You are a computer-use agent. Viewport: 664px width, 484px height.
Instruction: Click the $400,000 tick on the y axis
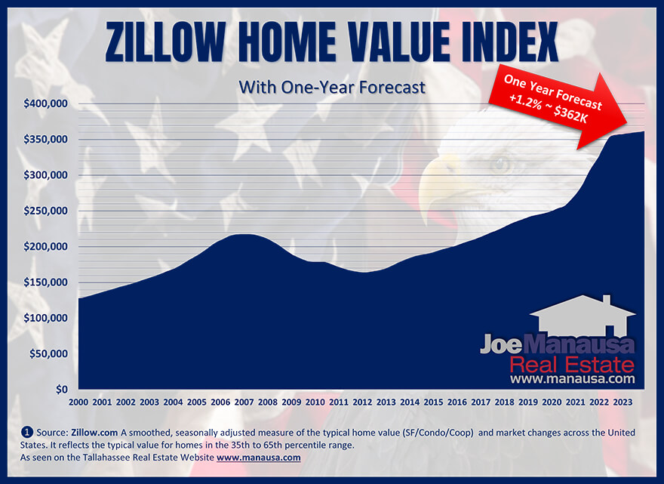[x=45, y=103]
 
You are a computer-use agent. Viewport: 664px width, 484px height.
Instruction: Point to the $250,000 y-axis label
[x=45, y=211]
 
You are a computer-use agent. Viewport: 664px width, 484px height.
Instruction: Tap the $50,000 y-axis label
[x=48, y=353]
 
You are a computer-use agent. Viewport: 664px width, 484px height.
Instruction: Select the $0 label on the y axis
[x=62, y=389]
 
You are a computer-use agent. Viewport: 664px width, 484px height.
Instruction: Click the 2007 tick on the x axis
[x=244, y=402]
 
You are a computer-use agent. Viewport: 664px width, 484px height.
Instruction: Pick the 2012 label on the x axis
[x=362, y=402]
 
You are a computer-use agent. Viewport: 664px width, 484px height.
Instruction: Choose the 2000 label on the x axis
[x=78, y=402]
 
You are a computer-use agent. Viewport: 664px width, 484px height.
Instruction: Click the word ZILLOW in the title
[x=164, y=42]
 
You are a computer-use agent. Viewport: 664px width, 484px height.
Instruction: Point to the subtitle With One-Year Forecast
[x=332, y=88]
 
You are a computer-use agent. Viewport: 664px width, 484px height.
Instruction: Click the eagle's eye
[x=501, y=164]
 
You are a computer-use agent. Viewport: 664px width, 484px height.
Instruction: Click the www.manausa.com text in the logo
[x=573, y=378]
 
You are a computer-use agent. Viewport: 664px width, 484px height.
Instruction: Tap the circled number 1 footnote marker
[x=26, y=433]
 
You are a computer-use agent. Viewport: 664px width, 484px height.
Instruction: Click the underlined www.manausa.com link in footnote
[x=258, y=458]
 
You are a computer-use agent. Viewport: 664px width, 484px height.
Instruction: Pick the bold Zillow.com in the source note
[x=94, y=433]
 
